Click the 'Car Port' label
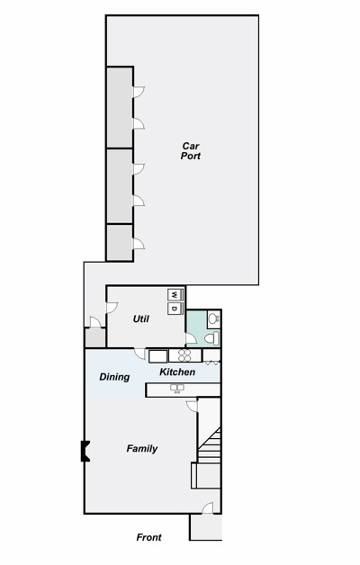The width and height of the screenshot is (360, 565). pyautogui.click(x=191, y=151)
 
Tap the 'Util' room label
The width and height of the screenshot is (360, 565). pyautogui.click(x=141, y=318)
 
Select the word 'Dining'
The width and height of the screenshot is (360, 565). pyautogui.click(x=114, y=377)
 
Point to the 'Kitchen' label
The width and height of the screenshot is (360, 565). pyautogui.click(x=177, y=372)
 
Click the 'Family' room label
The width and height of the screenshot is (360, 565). pyautogui.click(x=142, y=449)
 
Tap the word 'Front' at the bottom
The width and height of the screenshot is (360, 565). pyautogui.click(x=148, y=537)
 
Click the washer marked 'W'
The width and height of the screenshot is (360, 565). pyautogui.click(x=175, y=295)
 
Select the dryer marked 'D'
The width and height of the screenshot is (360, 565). pyautogui.click(x=175, y=308)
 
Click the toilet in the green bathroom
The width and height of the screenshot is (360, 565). pyautogui.click(x=211, y=338)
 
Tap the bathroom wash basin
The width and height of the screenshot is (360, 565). pyautogui.click(x=213, y=318)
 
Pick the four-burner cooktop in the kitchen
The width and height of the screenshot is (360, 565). pyautogui.click(x=184, y=355)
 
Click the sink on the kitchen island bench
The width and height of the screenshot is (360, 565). pyautogui.click(x=177, y=388)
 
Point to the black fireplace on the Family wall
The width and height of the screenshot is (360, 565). pyautogui.click(x=85, y=451)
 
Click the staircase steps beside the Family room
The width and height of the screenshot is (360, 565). pyautogui.click(x=209, y=445)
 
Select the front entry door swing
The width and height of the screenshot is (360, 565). pyautogui.click(x=208, y=508)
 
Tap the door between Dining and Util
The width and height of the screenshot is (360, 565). pyautogui.click(x=139, y=354)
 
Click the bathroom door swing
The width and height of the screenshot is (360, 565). pyautogui.click(x=191, y=338)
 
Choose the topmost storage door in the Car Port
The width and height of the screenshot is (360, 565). pyautogui.click(x=139, y=92)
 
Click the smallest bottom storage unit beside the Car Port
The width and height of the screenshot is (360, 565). pyautogui.click(x=120, y=243)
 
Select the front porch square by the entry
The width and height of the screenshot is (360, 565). pyautogui.click(x=206, y=527)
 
